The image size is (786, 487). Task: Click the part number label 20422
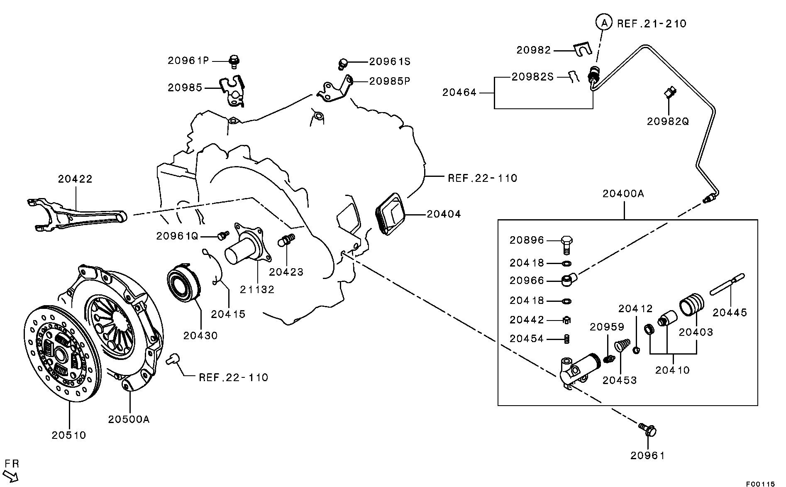[x=75, y=179]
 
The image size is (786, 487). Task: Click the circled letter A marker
[x=604, y=23]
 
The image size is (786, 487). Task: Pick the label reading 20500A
[x=129, y=419]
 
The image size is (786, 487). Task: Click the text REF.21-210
[x=652, y=24]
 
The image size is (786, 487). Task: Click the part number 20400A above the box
[x=623, y=193]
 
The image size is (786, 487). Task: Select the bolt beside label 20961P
[x=234, y=61]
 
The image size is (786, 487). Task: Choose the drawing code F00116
[x=760, y=484]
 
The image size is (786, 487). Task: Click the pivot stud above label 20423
[x=288, y=240]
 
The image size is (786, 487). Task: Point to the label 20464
[x=459, y=92]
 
